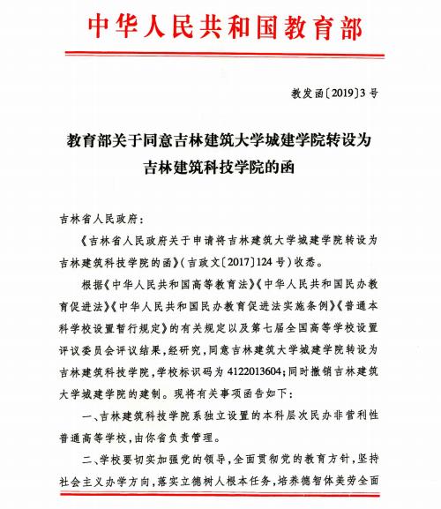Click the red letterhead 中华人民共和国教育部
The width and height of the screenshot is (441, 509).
[220, 27]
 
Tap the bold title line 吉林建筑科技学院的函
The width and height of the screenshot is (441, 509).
[220, 166]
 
